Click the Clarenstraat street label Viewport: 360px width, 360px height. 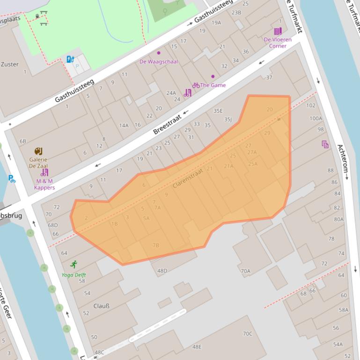188,179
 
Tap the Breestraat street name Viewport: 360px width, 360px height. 167,122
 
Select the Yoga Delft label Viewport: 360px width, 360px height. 73,275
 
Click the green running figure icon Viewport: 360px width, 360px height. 73,265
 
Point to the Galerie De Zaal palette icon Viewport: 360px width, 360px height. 38,151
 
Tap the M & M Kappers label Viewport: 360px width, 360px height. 44,184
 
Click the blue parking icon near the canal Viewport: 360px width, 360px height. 12,179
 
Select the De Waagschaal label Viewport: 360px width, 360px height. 159,61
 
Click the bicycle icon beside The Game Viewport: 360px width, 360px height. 196,85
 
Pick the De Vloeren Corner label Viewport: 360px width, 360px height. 278,43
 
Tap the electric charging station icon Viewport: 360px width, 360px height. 70,59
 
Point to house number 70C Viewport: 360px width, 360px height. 247,334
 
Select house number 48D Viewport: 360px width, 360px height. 162,271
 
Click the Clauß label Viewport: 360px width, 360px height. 102,306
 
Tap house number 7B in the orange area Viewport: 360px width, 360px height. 155,245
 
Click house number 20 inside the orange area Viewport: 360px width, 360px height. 269,109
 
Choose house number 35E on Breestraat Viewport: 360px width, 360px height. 218,111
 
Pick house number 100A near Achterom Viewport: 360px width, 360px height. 316,118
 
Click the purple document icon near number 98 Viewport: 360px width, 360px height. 325,144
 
